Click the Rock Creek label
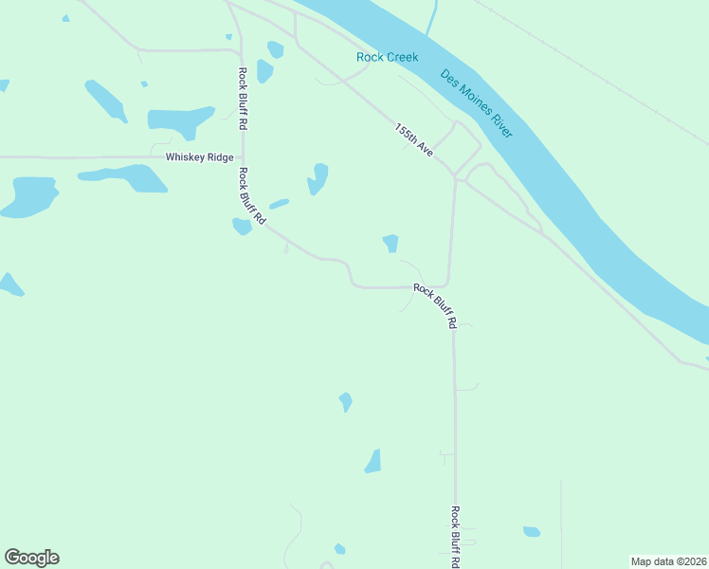point(387,57)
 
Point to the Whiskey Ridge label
point(199,157)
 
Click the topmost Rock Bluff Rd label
point(244,99)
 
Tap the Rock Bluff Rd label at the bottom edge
point(455,537)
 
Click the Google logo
point(31,558)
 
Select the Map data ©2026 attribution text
point(668,561)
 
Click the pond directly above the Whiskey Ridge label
point(179,119)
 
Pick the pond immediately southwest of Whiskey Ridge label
point(124,176)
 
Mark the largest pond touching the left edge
point(28,196)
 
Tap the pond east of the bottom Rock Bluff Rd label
point(532,532)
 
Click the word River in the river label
point(499,123)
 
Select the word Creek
point(402,57)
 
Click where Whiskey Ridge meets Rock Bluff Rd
point(243,157)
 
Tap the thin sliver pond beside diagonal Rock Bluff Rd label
point(279,203)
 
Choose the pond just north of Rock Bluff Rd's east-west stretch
point(391,244)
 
